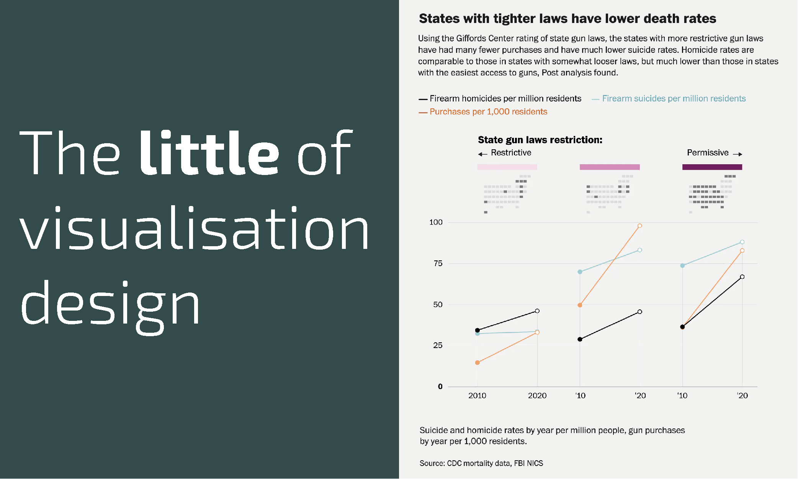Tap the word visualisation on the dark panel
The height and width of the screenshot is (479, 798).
[x=194, y=228]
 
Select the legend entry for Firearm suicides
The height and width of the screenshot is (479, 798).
[x=674, y=99]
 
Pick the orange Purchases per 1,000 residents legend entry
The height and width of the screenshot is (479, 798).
[x=488, y=112]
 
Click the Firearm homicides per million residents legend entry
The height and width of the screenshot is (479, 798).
[x=505, y=99]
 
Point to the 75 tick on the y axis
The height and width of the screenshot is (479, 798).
[x=438, y=263]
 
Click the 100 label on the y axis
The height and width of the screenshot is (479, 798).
[x=436, y=222]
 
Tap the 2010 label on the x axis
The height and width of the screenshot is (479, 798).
[x=477, y=396]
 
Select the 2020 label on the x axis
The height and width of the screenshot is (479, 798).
[x=537, y=396]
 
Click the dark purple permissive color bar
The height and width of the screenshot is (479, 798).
[x=712, y=167]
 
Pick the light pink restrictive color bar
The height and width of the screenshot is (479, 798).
[x=507, y=167]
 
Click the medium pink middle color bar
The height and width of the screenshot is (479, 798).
[x=610, y=167]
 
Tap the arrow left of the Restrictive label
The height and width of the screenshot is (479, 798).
[x=482, y=154]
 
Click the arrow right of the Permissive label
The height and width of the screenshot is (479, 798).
[x=737, y=154]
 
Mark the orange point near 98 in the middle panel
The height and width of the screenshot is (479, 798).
[x=639, y=226]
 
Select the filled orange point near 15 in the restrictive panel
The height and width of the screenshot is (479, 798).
[x=477, y=363]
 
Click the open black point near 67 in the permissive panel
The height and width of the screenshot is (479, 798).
[x=742, y=277]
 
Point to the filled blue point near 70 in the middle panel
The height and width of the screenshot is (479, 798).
[x=580, y=272]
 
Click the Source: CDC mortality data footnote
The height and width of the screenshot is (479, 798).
[x=481, y=463]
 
